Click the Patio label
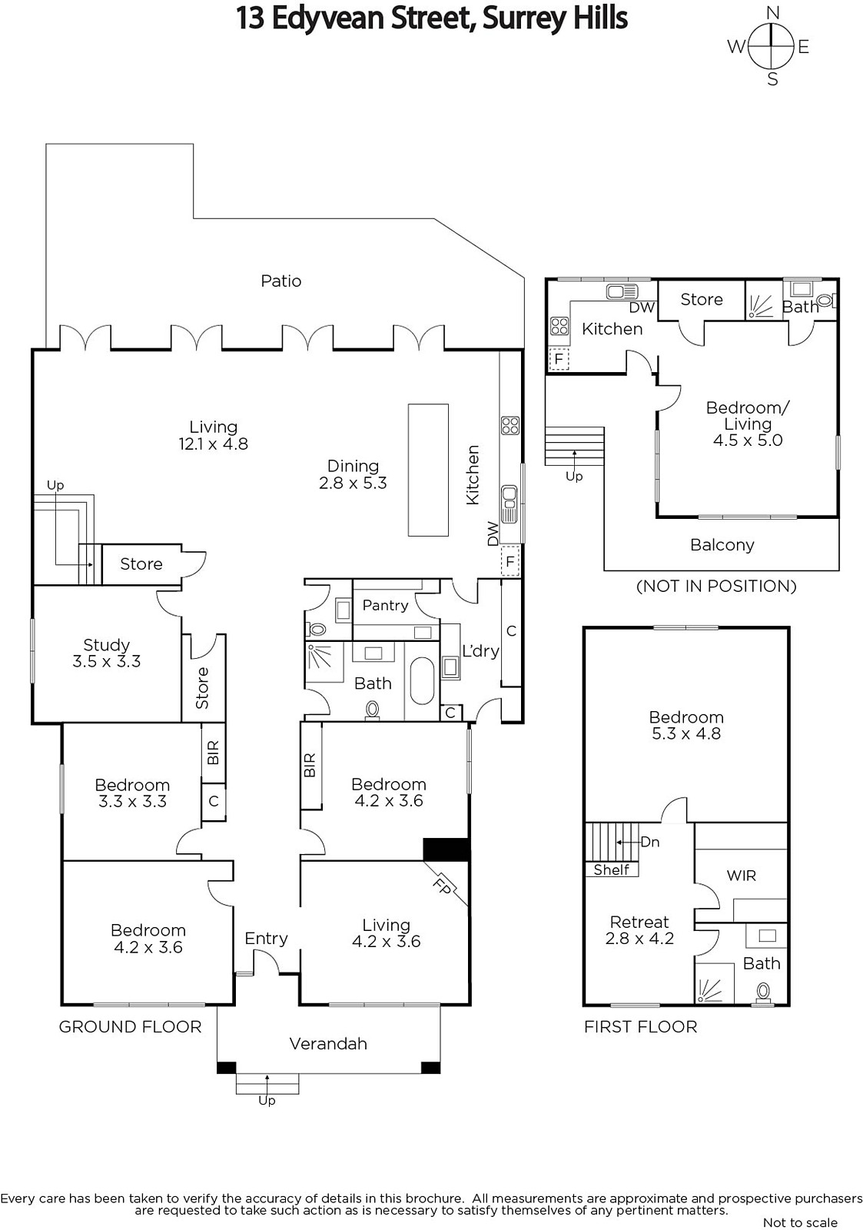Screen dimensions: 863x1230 click(280, 281)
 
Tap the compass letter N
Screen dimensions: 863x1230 click(772, 12)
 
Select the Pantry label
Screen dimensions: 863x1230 click(385, 606)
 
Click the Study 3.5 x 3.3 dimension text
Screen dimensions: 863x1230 click(107, 661)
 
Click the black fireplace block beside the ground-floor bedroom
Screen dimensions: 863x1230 click(446, 849)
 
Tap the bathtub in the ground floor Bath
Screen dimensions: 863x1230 click(422, 680)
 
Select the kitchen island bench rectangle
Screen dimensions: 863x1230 click(428, 470)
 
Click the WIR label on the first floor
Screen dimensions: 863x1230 click(741, 876)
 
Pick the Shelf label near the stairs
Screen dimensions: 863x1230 click(611, 869)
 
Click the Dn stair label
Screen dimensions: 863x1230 click(650, 842)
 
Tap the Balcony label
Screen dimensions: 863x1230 click(722, 545)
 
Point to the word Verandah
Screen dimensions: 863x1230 click(327, 1043)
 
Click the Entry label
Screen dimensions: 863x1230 click(266, 939)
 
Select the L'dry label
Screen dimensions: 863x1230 click(480, 651)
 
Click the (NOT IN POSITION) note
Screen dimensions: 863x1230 click(716, 586)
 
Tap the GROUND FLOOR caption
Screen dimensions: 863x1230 click(130, 1027)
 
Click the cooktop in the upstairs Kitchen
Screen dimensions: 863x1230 click(559, 326)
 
